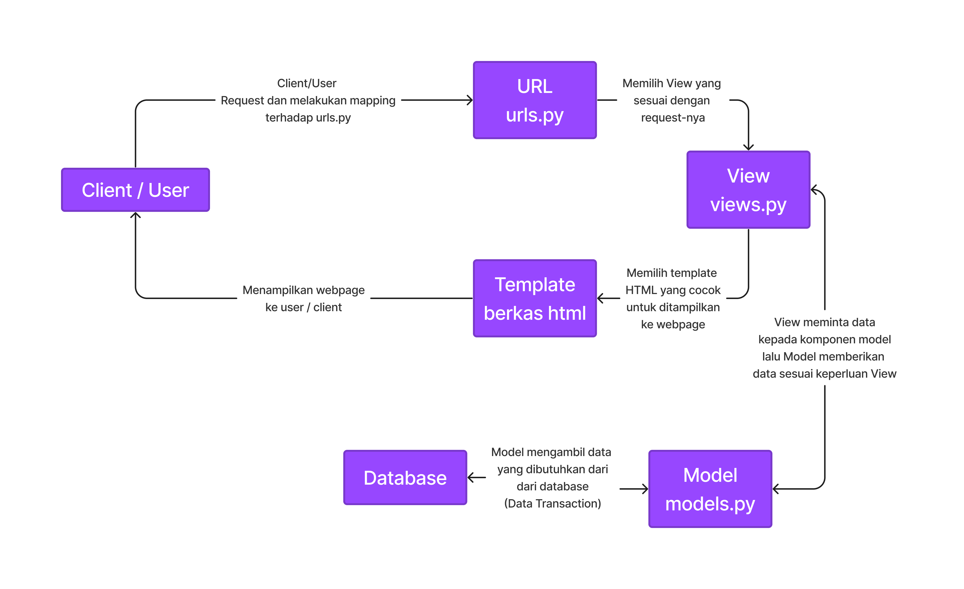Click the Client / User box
135,190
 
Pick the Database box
405,477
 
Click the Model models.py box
710,489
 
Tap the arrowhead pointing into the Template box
600,298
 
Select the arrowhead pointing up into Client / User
135,215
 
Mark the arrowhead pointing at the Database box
471,477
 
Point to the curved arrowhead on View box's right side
814,190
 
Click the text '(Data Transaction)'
552,503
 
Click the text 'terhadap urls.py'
308,118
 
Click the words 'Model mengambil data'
551,452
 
